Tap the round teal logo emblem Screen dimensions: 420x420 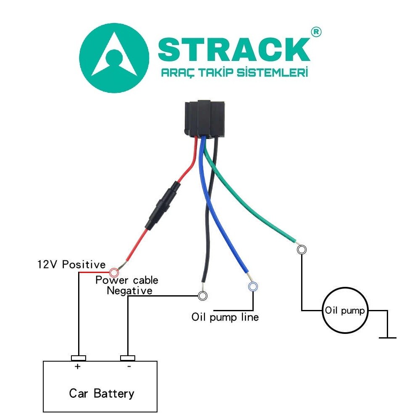(x=114, y=58)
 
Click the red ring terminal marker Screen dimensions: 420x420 (x=113, y=272)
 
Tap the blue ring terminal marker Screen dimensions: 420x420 (x=253, y=287)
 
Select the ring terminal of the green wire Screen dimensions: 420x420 (x=302, y=250)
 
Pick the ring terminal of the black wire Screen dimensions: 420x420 (x=202, y=296)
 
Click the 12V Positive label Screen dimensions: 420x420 (x=71, y=265)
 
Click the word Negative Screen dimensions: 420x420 (x=129, y=290)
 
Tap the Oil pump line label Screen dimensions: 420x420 (x=225, y=317)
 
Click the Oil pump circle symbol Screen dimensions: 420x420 (x=345, y=311)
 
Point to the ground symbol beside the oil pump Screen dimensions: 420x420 (x=387, y=336)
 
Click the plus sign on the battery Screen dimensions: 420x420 (x=78, y=366)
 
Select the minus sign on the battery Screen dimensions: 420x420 (x=129, y=366)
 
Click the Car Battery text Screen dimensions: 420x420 (x=102, y=394)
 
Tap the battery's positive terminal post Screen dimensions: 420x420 (x=79, y=358)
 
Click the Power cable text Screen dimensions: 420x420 (x=127, y=280)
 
